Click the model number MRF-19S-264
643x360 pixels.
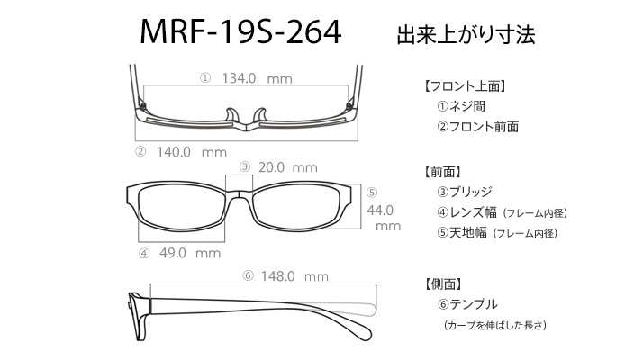[240, 32]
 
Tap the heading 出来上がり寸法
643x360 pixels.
[466, 35]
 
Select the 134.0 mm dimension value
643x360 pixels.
[258, 78]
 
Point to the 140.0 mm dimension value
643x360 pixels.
[192, 152]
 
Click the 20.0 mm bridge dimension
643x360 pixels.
[288, 167]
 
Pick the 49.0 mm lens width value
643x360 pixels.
[190, 253]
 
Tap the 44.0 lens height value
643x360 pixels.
[380, 211]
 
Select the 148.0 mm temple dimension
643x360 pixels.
[294, 276]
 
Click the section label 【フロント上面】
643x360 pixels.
[465, 86]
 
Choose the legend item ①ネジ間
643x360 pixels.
[461, 106]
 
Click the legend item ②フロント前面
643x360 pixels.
[478, 127]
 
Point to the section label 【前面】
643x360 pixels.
[442, 172]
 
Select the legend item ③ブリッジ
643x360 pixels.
[465, 192]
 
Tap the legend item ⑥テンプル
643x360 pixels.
[467, 304]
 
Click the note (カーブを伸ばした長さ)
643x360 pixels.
[495, 325]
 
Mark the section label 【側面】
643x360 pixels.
[443, 283]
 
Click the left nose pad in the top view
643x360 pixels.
[232, 115]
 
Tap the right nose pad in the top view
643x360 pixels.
[260, 115]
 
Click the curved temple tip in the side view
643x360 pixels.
[361, 328]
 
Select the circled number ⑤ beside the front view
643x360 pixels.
[372, 193]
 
